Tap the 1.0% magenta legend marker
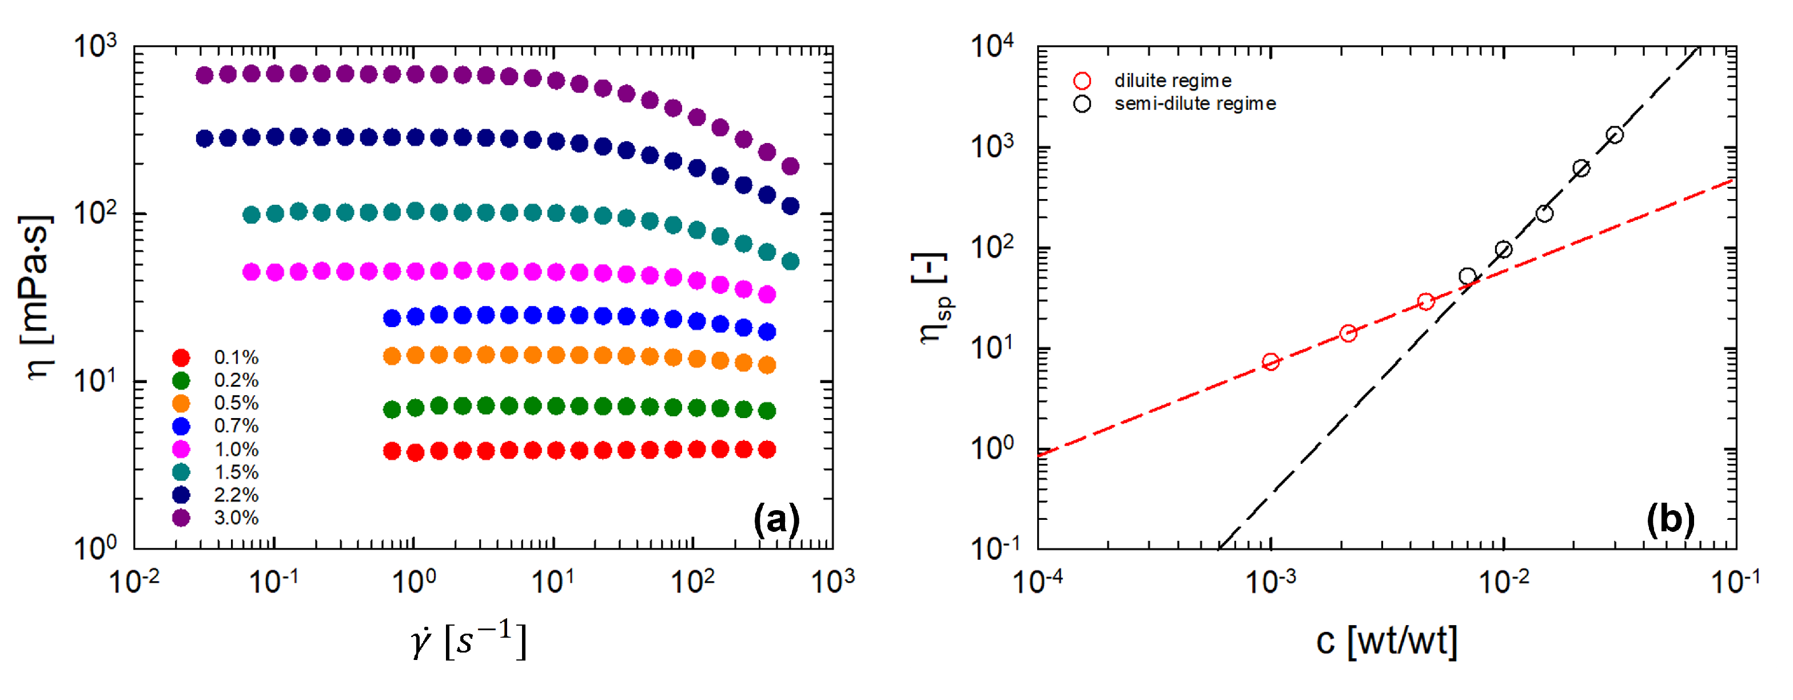tap(181, 450)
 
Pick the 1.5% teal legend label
tap(236, 472)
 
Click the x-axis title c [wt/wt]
tap(1386, 641)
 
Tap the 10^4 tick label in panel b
tap(991, 47)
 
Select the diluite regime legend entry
tap(1172, 81)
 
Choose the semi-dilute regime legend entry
tap(1194, 104)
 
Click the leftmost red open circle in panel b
tap(1270, 361)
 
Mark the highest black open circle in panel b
tap(1615, 135)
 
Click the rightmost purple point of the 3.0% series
tap(790, 166)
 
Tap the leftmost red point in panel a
tap(392, 451)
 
